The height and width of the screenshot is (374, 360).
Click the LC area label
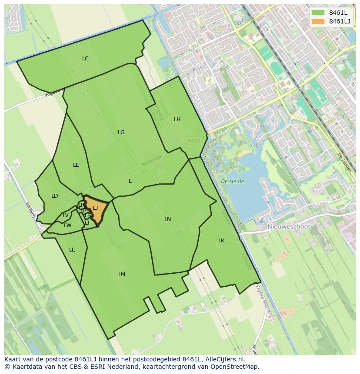pos(85,59)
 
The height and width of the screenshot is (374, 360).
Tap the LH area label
pos(177,119)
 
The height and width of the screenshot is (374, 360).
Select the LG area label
pos(121,132)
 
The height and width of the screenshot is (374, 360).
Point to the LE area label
pos(76,165)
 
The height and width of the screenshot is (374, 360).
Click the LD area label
pos(54,196)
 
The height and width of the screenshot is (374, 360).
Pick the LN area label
pos(167,219)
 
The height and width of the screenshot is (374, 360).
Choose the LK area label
pos(221,241)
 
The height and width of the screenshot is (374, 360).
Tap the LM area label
pos(122,275)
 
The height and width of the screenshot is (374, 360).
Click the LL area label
pos(72,250)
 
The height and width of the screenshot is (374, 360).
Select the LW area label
pos(67,225)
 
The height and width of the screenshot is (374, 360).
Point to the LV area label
pos(66,215)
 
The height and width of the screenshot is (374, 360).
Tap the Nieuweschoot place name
pos(289,227)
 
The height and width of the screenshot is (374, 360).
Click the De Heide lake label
pos(232,182)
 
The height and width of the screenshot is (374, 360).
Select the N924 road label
pos(194,141)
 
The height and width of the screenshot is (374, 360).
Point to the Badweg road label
pos(30,210)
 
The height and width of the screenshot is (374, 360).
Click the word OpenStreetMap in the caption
pos(236,367)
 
